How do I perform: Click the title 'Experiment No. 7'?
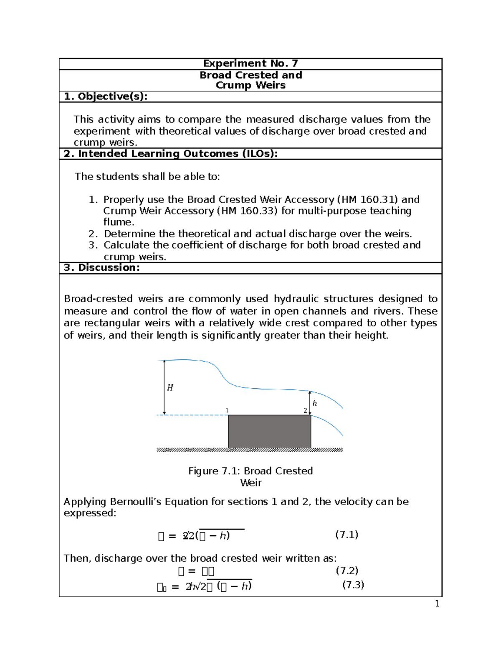point(250,64)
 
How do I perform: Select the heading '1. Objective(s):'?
point(106,97)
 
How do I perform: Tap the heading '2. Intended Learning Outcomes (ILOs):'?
point(170,154)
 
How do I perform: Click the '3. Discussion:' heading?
point(101,268)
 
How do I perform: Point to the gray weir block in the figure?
point(269,431)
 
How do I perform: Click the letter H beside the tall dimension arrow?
point(170,388)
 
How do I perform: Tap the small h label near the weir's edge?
point(315,403)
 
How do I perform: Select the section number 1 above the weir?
point(227,410)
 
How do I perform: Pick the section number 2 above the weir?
point(305,411)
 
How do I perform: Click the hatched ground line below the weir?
point(250,450)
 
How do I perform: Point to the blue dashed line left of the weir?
point(192,415)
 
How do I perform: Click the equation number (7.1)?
point(347,534)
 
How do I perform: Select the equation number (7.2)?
point(347,570)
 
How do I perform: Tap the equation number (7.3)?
point(353,585)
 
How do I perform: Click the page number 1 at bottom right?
point(437,603)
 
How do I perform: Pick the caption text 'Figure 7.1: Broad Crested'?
point(250,471)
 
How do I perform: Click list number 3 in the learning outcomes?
point(93,245)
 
